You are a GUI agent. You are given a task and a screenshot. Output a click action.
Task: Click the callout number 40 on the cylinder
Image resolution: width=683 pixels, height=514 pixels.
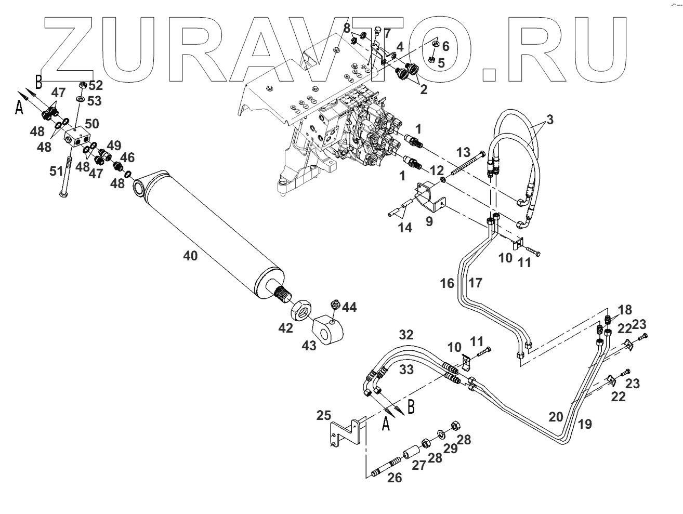pyautogui.click(x=190, y=256)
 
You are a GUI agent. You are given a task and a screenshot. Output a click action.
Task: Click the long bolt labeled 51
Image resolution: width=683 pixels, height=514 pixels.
pyautogui.click(x=66, y=174)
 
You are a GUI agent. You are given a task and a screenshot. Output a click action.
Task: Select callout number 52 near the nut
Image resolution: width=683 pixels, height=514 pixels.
pyautogui.click(x=96, y=85)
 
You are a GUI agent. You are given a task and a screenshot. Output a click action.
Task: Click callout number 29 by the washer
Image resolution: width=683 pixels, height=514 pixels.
pyautogui.click(x=450, y=448)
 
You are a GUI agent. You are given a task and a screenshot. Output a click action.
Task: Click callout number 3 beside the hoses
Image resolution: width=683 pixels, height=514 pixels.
pyautogui.click(x=549, y=120)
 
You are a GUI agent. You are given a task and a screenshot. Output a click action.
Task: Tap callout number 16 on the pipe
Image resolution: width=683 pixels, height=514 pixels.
pyautogui.click(x=447, y=283)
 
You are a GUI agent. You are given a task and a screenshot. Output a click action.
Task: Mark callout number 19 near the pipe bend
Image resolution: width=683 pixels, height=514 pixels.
pyautogui.click(x=585, y=424)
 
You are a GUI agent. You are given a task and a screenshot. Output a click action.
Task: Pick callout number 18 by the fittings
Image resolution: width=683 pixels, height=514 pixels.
pyautogui.click(x=625, y=310)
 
